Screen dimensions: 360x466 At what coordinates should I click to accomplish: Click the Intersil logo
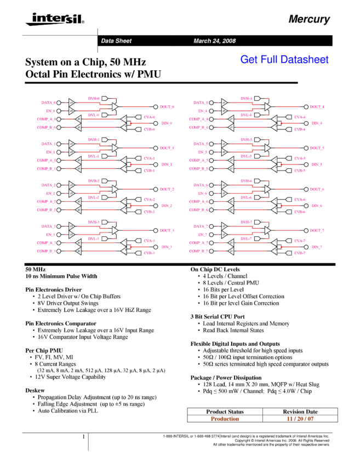pyautogui.click(x=53, y=19)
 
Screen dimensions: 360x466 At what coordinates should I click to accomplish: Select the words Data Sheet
pyautogui.click(x=116, y=41)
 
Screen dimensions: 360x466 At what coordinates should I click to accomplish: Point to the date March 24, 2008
pyautogui.click(x=214, y=41)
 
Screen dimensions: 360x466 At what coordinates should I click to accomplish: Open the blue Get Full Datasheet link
pyautogui.click(x=284, y=59)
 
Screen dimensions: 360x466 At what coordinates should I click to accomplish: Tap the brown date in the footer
pyautogui.click(x=300, y=419)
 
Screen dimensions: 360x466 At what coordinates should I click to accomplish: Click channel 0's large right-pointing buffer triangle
pyautogui.click(x=115, y=107)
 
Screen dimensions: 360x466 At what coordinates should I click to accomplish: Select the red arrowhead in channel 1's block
pyautogui.click(x=131, y=164)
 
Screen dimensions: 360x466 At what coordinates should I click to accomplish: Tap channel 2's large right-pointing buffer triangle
pyautogui.click(x=115, y=189)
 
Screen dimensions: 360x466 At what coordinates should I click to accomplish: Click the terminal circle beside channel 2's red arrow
pyautogui.click(x=156, y=206)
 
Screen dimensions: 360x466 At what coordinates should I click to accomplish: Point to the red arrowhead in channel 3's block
pyautogui.click(x=131, y=247)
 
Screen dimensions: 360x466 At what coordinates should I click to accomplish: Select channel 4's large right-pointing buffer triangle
pyautogui.click(x=267, y=107)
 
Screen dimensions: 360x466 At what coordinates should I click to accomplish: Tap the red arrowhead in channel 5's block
pyautogui.click(x=282, y=164)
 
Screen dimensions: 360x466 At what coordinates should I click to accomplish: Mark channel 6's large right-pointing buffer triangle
pyautogui.click(x=267, y=189)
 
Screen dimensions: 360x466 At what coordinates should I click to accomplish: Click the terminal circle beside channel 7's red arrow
pyautogui.click(x=306, y=247)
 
